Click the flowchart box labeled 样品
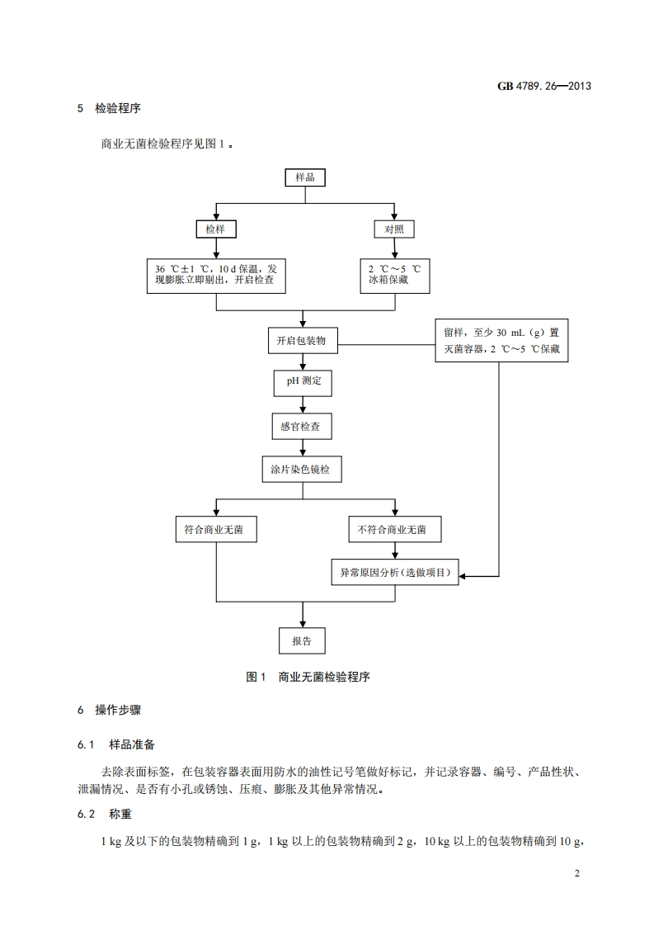click(305, 177)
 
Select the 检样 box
click(215, 229)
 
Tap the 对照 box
click(394, 229)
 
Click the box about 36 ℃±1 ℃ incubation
click(215, 276)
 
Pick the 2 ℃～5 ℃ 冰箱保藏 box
click(394, 276)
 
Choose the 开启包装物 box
click(303, 340)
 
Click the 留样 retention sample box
click(501, 340)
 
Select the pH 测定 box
click(303, 383)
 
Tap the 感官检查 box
click(303, 427)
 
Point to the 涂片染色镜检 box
click(303, 470)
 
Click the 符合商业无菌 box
click(215, 530)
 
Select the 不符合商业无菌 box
click(394, 530)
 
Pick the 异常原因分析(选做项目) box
click(394, 574)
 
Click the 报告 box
click(302, 641)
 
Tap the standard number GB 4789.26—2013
click(544, 85)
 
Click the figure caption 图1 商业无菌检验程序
click(308, 677)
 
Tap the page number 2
click(577, 873)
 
